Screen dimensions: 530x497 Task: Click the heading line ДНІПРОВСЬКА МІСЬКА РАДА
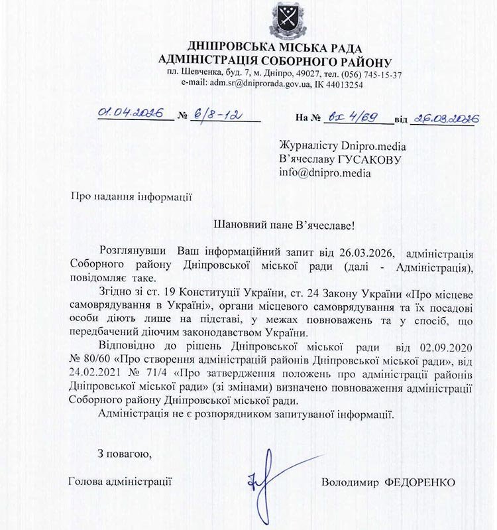click(275, 48)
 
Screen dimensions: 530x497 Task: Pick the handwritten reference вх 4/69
click(351, 117)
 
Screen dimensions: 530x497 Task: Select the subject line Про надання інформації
click(131, 196)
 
